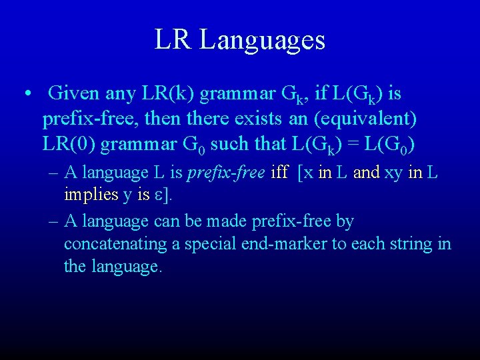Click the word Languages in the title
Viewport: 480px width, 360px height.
point(262,41)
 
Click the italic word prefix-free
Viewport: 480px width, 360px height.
point(226,173)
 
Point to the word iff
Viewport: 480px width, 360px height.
point(279,173)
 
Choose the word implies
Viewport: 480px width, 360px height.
point(91,195)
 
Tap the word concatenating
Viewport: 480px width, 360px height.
point(115,244)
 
